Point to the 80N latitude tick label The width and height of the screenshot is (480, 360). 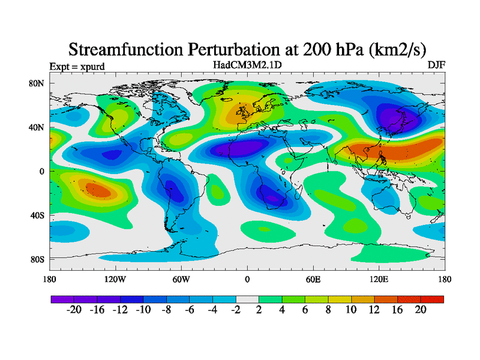[x=37, y=83]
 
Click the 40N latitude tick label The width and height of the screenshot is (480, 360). [x=37, y=127]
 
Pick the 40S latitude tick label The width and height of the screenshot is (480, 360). [x=37, y=215]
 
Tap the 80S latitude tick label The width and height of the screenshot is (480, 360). [x=37, y=259]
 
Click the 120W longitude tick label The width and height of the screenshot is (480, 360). [x=115, y=279]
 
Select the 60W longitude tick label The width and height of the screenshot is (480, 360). [x=181, y=279]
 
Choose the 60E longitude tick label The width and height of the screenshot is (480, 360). [x=313, y=279]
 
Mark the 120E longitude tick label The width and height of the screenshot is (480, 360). [x=378, y=279]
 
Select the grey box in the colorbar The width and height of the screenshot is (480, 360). [x=247, y=299]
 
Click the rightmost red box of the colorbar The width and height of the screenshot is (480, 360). [x=432, y=299]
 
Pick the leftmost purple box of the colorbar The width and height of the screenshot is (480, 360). [x=62, y=299]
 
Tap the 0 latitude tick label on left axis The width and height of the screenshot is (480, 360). [x=42, y=171]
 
